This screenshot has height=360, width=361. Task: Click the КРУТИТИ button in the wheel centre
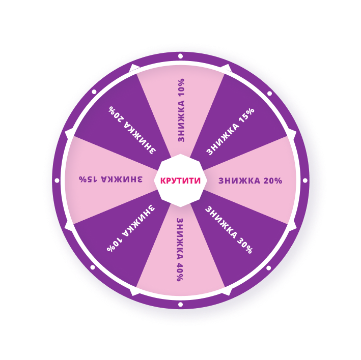tap(180, 181)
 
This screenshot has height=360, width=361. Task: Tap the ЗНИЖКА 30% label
tap(229, 229)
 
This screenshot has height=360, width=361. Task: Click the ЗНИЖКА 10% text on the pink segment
tap(181, 110)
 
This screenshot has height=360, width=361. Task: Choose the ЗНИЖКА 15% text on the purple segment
tap(230, 131)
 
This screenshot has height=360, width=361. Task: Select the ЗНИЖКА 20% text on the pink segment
tap(250, 181)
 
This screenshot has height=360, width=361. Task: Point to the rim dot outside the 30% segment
tap(268, 267)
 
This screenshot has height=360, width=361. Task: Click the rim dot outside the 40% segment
tap(180, 305)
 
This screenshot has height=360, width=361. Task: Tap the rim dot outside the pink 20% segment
tap(305, 180)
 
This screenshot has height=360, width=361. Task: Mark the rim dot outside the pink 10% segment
tap(180, 56)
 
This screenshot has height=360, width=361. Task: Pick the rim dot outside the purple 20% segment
tap(94, 92)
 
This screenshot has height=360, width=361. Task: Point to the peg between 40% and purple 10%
tap(134, 291)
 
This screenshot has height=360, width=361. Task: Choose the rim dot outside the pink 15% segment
tap(57, 180)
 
